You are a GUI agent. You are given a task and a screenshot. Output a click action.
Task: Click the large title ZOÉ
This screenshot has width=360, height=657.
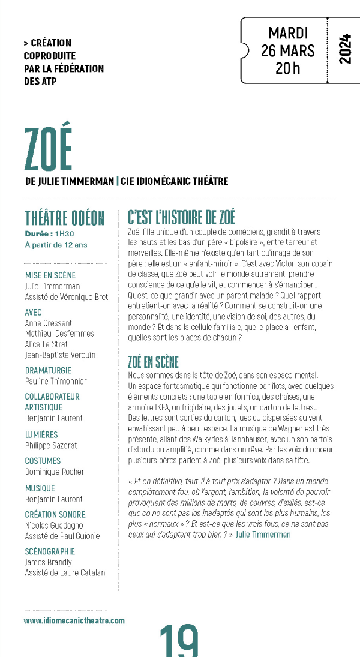click(48, 149)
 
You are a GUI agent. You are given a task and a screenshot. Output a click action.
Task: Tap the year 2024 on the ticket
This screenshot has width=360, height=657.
click(344, 49)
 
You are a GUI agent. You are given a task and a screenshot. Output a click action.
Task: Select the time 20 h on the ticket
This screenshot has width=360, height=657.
click(288, 68)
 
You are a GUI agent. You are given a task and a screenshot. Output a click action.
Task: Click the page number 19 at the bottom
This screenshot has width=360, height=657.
click(179, 641)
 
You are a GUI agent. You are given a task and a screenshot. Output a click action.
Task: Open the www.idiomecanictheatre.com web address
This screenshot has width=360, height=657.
click(74, 620)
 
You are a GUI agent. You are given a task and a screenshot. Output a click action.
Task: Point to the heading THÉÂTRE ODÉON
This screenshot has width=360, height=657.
click(65, 218)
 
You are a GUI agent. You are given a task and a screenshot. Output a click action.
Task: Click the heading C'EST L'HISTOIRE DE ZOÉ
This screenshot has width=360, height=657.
click(182, 217)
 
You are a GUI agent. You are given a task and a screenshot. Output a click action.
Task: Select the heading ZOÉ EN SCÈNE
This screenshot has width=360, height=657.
click(154, 362)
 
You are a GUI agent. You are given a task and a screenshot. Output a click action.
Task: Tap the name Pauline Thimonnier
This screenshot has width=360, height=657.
click(56, 381)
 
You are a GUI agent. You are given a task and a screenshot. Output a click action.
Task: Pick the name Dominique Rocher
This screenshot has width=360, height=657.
click(55, 472)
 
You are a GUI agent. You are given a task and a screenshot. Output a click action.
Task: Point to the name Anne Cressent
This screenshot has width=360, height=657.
click(49, 323)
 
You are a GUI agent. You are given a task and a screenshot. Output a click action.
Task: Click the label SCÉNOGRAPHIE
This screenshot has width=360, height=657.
click(50, 551)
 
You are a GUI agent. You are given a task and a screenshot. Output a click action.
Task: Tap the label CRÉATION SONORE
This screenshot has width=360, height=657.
click(55, 514)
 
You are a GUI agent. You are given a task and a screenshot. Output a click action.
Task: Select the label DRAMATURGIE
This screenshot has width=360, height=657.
click(48, 370)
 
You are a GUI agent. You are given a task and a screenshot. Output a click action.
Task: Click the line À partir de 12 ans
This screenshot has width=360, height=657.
click(56, 244)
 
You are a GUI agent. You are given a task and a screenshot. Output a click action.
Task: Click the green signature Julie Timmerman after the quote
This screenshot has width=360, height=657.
click(263, 534)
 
